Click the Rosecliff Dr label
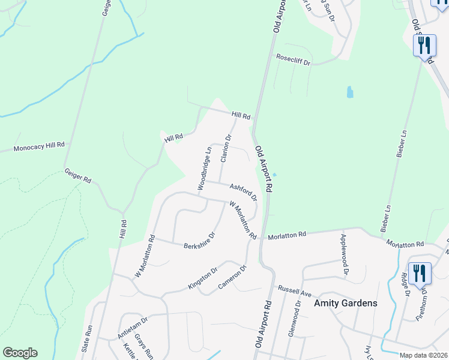click(x=293, y=59)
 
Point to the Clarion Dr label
click(x=226, y=148)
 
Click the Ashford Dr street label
click(x=243, y=192)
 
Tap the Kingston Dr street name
click(x=202, y=278)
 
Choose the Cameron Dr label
click(x=232, y=277)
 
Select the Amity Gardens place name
click(x=346, y=303)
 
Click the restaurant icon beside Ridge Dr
click(x=418, y=273)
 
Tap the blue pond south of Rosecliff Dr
click(x=350, y=92)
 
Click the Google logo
click(x=19, y=353)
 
